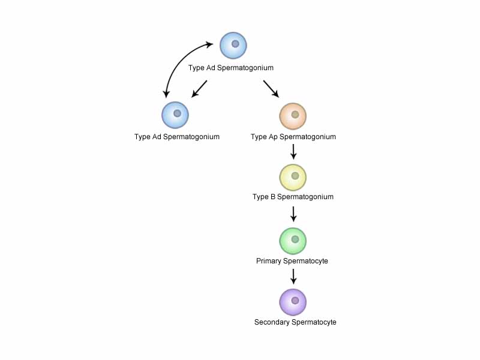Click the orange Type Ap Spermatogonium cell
[x=293, y=116]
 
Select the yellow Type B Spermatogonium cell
[x=293, y=177]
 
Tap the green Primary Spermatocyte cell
[x=293, y=241]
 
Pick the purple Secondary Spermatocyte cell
[x=293, y=302]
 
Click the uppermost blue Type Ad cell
[x=233, y=46]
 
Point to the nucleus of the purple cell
[x=295, y=300]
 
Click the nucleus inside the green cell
[x=295, y=239]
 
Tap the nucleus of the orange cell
[x=295, y=114]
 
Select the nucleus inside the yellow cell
[x=295, y=175]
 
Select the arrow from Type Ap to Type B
[x=293, y=151]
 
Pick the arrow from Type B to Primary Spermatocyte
[x=293, y=214]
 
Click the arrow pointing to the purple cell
[x=293, y=275]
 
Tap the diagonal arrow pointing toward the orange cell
[x=271, y=89]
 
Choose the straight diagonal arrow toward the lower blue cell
[x=199, y=89]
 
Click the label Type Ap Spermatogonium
[x=293, y=137]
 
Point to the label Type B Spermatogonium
[x=293, y=197]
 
